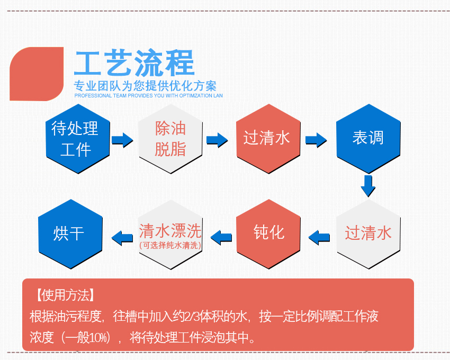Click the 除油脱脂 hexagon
(170, 139)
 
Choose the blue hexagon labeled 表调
(368, 139)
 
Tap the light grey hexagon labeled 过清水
(368, 233)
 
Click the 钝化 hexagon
(268, 233)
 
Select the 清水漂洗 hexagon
(170, 233)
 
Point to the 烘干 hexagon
(70, 233)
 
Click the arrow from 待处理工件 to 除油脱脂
(122, 140)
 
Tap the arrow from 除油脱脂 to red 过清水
(217, 140)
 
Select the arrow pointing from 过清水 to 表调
(316, 140)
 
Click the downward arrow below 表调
(368, 185)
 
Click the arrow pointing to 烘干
(122, 237)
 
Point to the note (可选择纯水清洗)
(170, 245)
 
